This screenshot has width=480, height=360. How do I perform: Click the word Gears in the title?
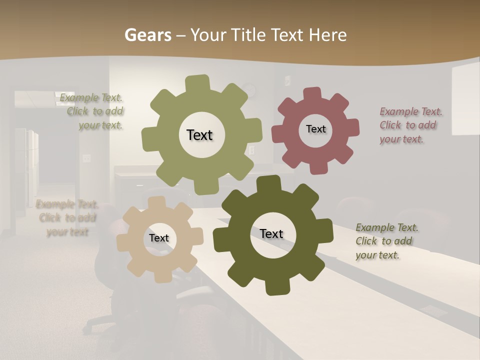click(x=147, y=35)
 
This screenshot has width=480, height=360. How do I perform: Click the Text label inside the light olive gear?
click(x=199, y=135)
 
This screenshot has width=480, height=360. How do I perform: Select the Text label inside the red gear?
click(x=315, y=129)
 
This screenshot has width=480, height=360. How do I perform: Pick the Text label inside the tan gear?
click(x=159, y=238)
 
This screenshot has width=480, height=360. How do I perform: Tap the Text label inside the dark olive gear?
click(x=271, y=233)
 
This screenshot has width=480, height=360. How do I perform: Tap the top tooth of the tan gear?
click(x=156, y=202)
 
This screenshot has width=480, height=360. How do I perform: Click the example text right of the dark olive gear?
click(x=387, y=241)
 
